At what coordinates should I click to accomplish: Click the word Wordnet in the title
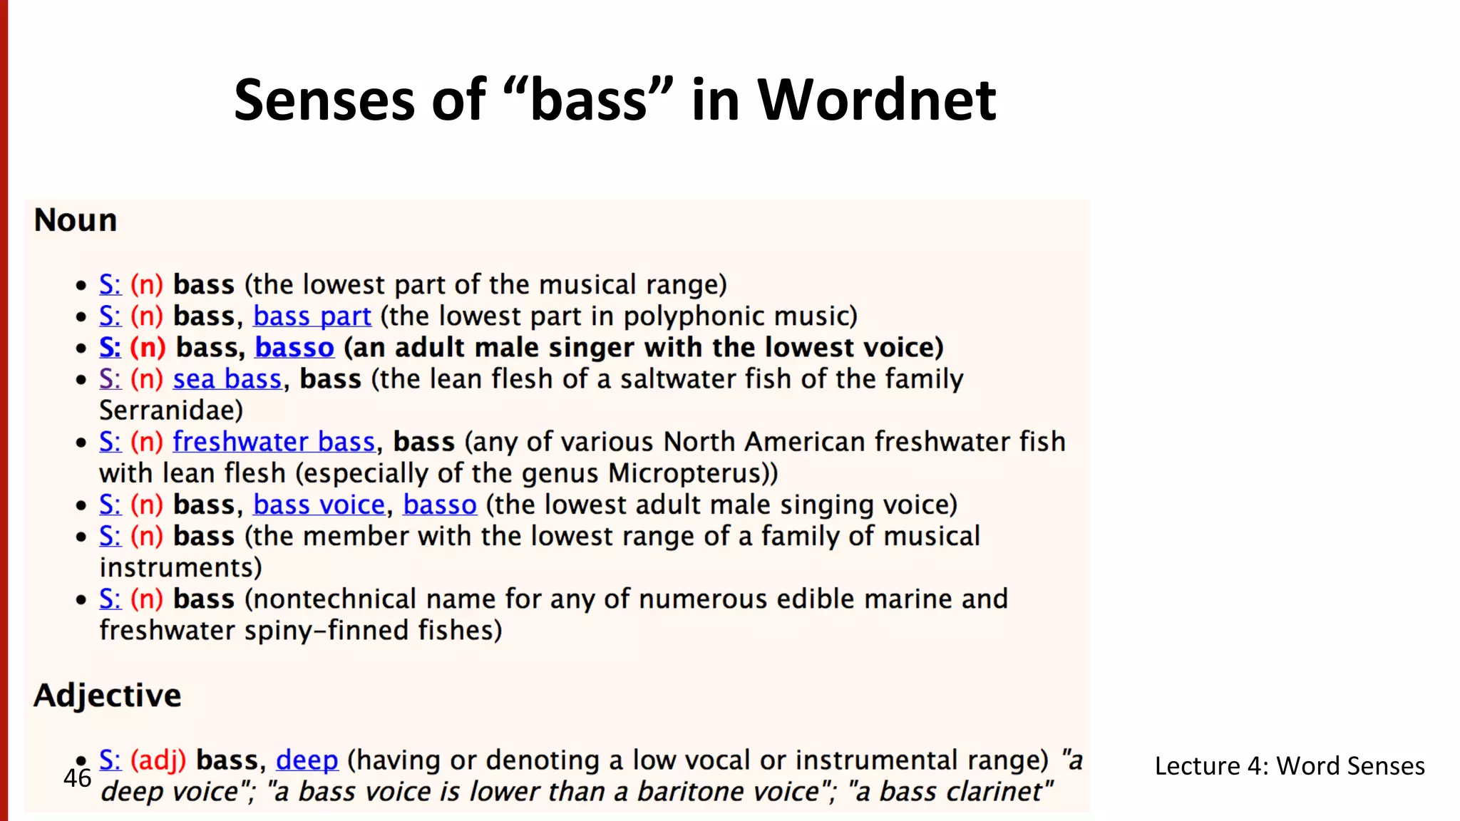876,100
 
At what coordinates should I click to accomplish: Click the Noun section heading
76,220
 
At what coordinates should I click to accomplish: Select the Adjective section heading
108,696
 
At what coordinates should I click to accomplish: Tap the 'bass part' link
312,316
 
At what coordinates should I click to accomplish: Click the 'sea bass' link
227,379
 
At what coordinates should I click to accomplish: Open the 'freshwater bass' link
274,442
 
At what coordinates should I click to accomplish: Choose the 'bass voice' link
319,505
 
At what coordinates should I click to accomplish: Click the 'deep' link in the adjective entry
307,760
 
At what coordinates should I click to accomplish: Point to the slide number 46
77,778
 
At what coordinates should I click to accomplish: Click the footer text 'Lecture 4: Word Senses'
1290,766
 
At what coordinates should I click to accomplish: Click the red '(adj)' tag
158,760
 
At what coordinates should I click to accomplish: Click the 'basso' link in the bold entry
294,348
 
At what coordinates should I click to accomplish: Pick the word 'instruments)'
181,568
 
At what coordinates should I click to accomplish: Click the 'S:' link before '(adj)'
110,760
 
